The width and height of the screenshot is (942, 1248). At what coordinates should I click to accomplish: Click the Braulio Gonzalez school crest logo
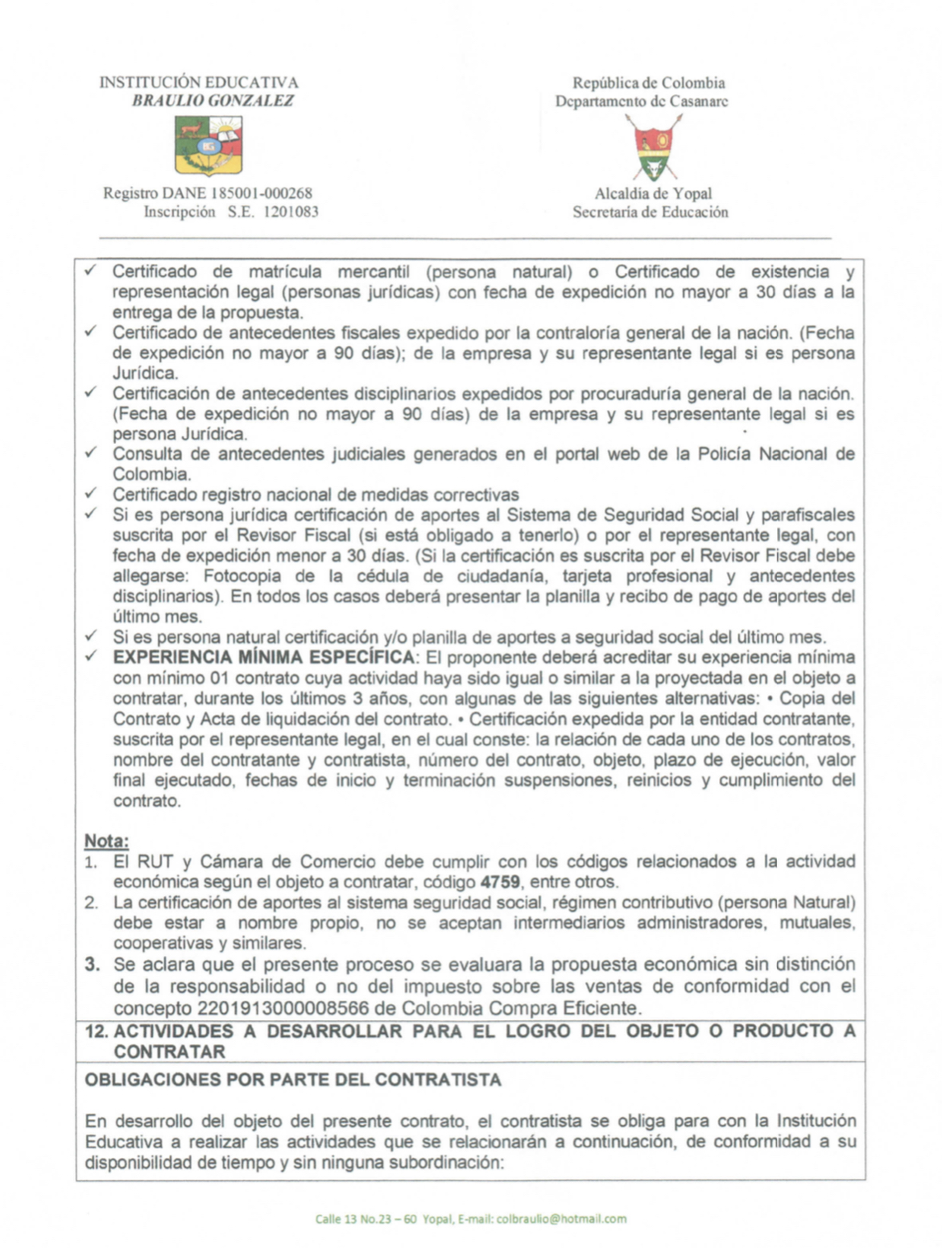click(x=209, y=145)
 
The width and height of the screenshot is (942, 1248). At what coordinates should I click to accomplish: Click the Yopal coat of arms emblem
click(x=654, y=147)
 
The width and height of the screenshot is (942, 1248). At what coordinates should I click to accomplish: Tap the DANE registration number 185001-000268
click(x=261, y=193)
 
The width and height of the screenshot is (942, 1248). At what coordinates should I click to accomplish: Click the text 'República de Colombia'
click(x=648, y=82)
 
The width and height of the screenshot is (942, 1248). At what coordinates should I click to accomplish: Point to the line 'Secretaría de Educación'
click(x=650, y=212)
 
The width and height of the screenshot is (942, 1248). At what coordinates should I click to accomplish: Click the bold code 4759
click(x=500, y=882)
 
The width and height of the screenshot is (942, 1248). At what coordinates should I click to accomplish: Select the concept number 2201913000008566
click(x=283, y=1008)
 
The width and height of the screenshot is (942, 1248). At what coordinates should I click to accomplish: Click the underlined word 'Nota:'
click(x=106, y=841)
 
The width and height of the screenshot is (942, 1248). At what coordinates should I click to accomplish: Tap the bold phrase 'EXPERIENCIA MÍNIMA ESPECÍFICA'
click(x=264, y=658)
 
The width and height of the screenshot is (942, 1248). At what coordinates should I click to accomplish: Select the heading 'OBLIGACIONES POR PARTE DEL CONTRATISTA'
click(x=293, y=1080)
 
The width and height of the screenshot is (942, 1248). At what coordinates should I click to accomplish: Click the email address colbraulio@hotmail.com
click(x=561, y=1219)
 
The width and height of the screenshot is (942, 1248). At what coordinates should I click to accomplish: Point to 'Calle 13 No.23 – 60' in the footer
click(x=366, y=1219)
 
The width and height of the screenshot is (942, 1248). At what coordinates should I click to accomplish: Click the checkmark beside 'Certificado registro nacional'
click(x=91, y=493)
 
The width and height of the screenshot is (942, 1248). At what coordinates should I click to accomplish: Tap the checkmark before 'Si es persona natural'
click(x=91, y=636)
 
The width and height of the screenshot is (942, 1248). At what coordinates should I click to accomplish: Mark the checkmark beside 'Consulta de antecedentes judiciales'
click(x=91, y=453)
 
